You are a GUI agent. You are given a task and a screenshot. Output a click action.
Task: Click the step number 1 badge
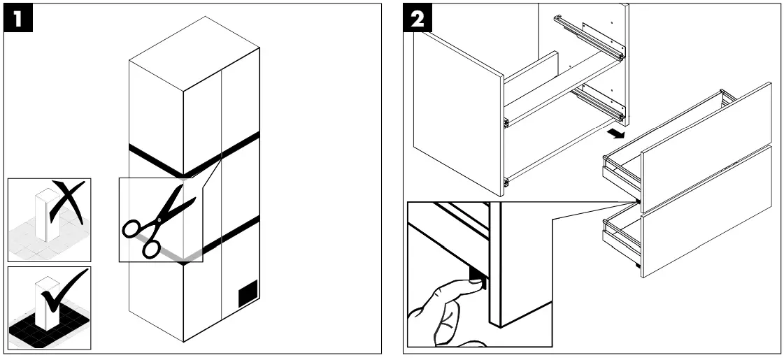pos(18,18)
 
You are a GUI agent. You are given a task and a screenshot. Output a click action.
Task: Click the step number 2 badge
pos(418,18)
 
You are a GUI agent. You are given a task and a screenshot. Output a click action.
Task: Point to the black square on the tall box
pos(248,292)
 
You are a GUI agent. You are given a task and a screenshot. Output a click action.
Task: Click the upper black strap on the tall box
pos(194,154)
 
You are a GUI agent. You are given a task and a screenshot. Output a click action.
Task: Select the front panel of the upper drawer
pos(706,147)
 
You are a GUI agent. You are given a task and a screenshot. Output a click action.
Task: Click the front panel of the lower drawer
pos(706,212)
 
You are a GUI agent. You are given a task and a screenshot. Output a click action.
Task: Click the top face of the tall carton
pos(194,54)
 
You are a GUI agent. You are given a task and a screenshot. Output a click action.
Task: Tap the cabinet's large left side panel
pos(458,112)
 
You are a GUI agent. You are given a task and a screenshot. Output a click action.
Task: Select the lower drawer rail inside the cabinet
pos(598,103)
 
